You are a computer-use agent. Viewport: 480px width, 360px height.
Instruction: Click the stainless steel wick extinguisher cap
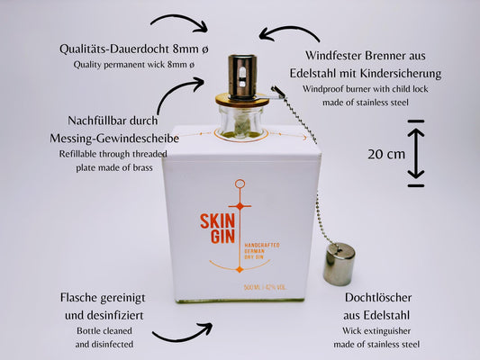(x=340, y=264)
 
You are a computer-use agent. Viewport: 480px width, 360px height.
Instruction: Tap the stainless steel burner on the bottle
(x=242, y=76)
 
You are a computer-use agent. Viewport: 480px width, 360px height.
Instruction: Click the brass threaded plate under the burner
(x=242, y=100)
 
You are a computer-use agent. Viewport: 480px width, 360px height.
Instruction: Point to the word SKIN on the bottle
(x=217, y=221)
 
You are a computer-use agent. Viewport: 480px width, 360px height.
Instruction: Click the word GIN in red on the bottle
(x=222, y=237)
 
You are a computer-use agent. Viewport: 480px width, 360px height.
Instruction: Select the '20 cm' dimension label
(x=386, y=154)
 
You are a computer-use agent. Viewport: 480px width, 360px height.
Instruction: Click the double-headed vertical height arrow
(x=416, y=154)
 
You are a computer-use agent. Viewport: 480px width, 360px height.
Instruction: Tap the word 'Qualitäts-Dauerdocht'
(x=114, y=49)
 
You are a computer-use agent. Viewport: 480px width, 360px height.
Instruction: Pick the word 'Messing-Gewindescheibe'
(x=114, y=139)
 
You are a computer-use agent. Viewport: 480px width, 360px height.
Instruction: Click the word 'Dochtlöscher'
(x=378, y=297)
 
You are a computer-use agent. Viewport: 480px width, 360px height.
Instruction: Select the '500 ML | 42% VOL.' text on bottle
(x=265, y=287)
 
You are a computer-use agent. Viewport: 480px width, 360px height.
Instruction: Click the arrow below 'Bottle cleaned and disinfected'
(x=183, y=332)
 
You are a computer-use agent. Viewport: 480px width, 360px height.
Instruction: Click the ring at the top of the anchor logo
(x=240, y=184)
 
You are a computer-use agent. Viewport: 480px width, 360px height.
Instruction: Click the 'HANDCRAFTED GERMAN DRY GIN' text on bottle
(x=262, y=251)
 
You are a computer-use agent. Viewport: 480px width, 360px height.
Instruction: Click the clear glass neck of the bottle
(x=241, y=121)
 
